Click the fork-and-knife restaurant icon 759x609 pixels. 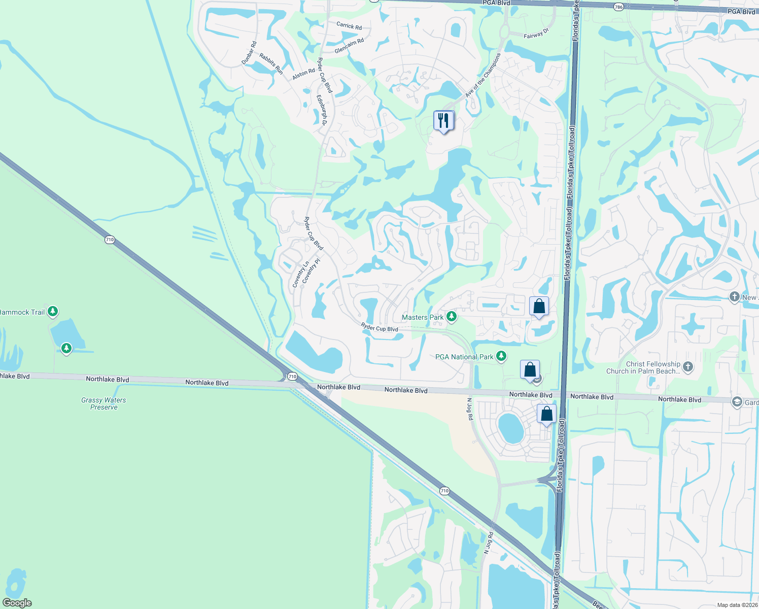[x=443, y=121]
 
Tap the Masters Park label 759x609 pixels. [x=423, y=317]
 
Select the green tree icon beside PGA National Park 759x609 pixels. [x=501, y=356]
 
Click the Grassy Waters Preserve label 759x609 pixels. [x=103, y=403]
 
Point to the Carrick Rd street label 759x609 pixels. [x=349, y=25]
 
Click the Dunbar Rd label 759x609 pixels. [x=249, y=53]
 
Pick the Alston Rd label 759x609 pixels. [x=304, y=74]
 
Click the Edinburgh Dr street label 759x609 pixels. [x=322, y=110]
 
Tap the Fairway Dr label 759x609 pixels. [x=536, y=34]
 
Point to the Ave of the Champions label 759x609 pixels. [x=482, y=75]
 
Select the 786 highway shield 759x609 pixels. [x=618, y=7]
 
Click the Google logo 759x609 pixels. [x=17, y=603]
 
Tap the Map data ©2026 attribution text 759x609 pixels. [x=737, y=605]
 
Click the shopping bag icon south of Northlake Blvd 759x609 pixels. [x=546, y=414]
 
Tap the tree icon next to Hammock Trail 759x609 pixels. [x=53, y=312]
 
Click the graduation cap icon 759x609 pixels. [x=737, y=402]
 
